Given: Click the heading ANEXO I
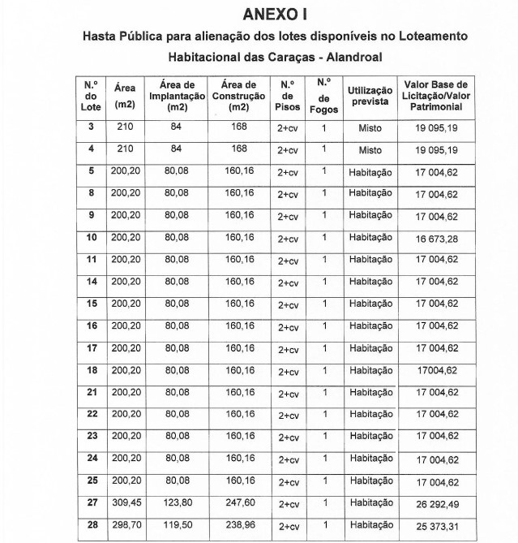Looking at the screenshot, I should click(275, 15).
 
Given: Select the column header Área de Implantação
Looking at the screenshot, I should click(177, 96).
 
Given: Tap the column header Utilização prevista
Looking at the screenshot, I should click(370, 96).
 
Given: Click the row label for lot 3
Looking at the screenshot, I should click(92, 127).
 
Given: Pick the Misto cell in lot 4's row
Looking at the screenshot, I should click(370, 150).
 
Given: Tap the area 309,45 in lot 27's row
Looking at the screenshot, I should click(125, 502).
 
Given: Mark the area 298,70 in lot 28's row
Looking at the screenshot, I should click(125, 525).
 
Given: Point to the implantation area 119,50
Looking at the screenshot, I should click(177, 525).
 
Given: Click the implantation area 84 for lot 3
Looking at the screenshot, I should click(177, 127).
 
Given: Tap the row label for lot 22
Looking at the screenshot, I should click(92, 415).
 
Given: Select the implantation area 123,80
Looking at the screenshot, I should click(177, 502).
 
